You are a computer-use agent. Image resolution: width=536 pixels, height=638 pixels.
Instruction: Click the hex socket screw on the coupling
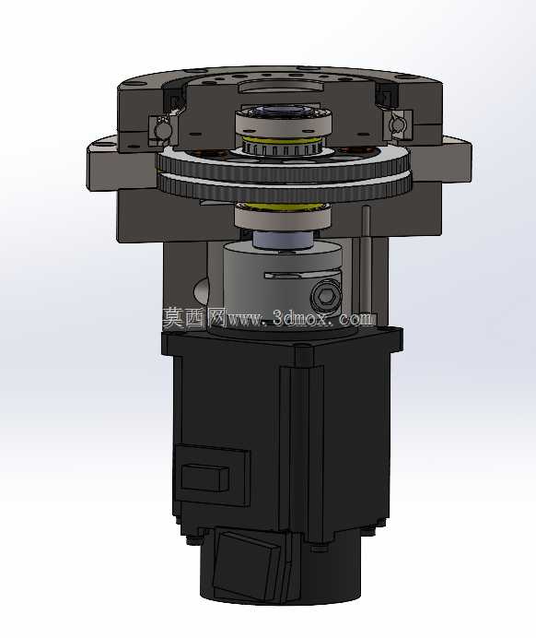(326, 297)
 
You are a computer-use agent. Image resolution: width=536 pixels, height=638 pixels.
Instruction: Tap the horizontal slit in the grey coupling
(302, 275)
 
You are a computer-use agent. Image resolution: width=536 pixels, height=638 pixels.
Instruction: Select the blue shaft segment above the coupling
(284, 240)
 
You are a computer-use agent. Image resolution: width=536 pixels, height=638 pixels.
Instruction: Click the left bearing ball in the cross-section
(163, 129)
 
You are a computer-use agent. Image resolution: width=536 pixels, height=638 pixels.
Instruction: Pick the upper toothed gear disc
(284, 163)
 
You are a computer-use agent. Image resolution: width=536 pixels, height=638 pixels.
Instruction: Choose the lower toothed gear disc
(285, 188)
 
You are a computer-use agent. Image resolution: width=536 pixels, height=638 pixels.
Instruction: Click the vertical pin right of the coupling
(366, 259)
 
